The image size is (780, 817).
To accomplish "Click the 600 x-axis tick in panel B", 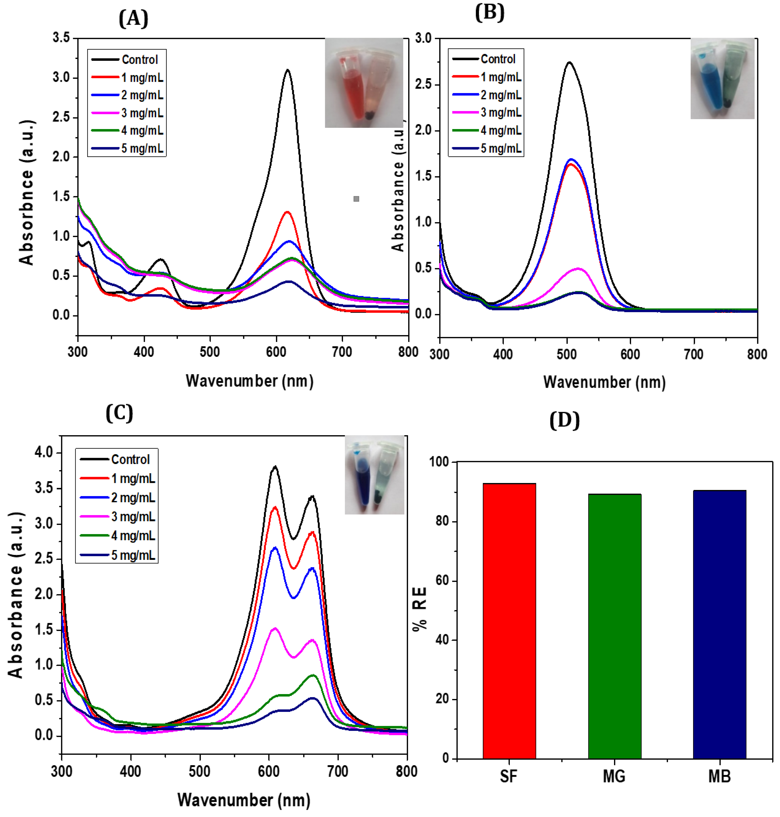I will coord(630,354).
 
